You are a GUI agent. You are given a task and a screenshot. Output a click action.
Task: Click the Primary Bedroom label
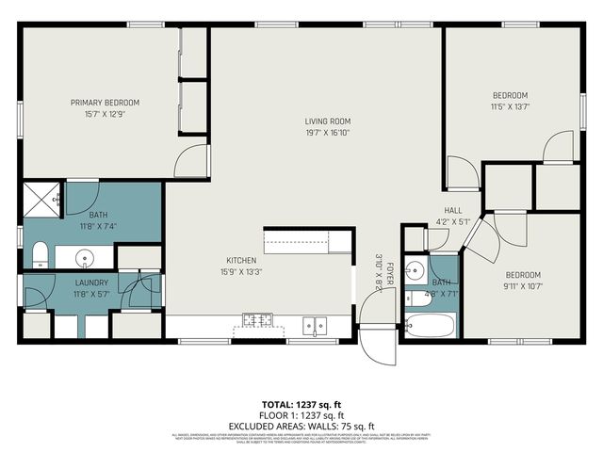point(105,103)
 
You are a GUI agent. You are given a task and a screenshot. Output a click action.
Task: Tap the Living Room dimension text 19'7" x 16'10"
point(327,133)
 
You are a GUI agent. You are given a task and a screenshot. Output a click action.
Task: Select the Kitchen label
point(240,261)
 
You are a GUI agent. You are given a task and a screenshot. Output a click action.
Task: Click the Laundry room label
point(91,282)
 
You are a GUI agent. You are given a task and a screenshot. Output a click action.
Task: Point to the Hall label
point(452,211)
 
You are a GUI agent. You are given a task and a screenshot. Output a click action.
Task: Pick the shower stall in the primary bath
point(42,199)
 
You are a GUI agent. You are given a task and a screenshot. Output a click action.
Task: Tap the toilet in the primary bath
point(40,254)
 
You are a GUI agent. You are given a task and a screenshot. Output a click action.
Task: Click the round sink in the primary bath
point(85,256)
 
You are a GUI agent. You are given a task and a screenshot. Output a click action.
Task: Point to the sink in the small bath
point(414,265)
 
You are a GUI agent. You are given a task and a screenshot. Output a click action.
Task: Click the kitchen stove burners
point(254,321)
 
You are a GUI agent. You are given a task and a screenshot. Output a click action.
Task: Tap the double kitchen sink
point(315,325)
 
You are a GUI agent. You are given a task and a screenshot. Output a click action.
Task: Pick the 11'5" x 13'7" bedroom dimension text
point(510,106)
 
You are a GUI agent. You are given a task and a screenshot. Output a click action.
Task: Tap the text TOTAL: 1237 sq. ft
point(301,404)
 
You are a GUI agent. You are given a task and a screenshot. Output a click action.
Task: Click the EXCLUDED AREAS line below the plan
point(301,425)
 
